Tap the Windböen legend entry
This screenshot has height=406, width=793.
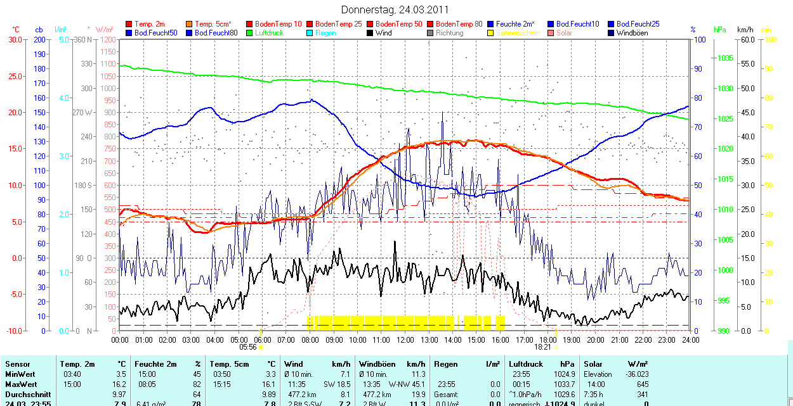[632, 33]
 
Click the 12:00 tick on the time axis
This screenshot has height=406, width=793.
[405, 339]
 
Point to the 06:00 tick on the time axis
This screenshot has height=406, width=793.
[262, 339]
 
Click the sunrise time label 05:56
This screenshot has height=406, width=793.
[248, 347]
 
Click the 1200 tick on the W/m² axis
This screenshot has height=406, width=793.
[108, 39]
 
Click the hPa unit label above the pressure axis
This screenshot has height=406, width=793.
[719, 30]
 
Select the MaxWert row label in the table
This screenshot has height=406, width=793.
[20, 384]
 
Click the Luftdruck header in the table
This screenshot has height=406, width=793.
[525, 364]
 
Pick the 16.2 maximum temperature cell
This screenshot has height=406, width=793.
[118, 384]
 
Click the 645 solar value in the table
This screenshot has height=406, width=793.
[643, 384]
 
